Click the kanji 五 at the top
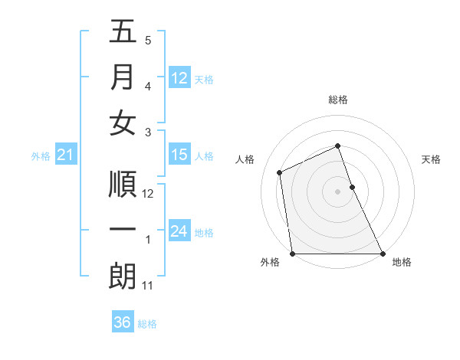123,33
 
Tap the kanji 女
123,123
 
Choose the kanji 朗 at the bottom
123,277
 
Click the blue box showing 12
179,77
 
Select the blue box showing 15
179,155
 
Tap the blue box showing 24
179,231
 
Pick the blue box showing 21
65,155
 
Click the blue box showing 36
123,322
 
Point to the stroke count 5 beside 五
148,41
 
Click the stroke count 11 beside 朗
149,286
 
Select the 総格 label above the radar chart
338,100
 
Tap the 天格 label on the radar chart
432,160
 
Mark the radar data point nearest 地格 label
383,254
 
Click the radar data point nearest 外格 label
292,254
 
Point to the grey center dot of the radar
338,191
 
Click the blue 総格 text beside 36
147,324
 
